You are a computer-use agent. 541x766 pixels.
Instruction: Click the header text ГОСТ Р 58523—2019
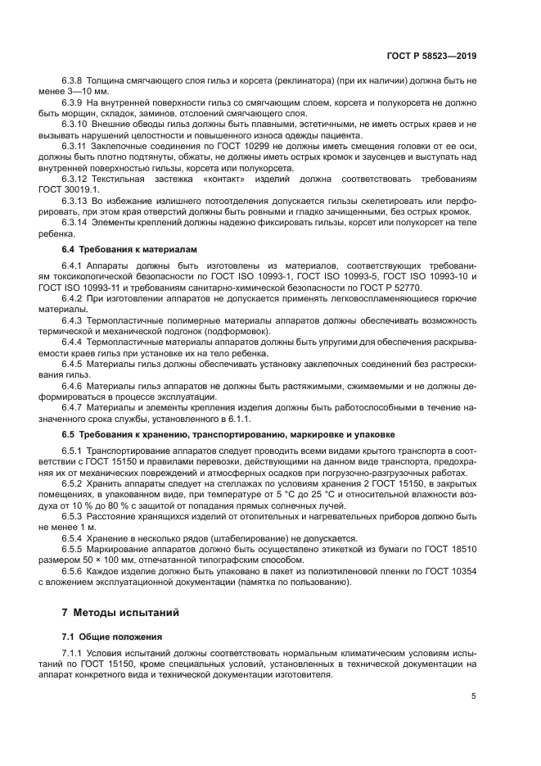pyautogui.click(x=433, y=57)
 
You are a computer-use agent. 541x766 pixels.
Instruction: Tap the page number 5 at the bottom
pyautogui.click(x=473, y=696)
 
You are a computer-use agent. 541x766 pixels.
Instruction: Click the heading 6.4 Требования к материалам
pyautogui.click(x=128, y=247)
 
